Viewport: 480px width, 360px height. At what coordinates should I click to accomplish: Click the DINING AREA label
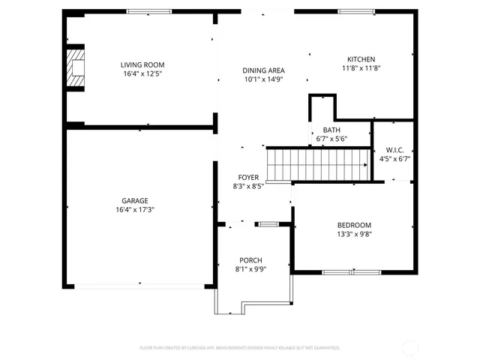(x=263, y=70)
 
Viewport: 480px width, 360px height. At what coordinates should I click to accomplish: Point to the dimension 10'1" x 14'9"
(x=263, y=79)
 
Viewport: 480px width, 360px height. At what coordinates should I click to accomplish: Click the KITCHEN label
(x=361, y=59)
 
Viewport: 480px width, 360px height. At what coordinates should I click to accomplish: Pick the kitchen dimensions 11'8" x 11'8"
(x=361, y=68)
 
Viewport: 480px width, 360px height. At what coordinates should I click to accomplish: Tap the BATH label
(x=331, y=130)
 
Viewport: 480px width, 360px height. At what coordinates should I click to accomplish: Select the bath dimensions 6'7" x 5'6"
(x=331, y=139)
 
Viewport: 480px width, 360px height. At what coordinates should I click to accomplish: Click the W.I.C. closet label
(x=394, y=149)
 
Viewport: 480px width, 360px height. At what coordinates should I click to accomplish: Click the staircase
(x=320, y=164)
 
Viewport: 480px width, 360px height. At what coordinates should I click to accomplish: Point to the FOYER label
(x=248, y=178)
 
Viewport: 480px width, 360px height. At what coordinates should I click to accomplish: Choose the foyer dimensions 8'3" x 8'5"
(x=248, y=187)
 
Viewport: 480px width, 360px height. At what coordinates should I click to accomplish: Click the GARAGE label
(x=135, y=200)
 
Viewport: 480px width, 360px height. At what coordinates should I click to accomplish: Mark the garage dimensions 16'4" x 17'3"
(x=135, y=209)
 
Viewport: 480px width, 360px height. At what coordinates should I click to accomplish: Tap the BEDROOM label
(x=354, y=224)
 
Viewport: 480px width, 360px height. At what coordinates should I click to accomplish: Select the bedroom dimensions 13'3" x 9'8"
(x=354, y=233)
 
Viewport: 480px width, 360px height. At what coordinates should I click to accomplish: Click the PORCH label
(x=250, y=260)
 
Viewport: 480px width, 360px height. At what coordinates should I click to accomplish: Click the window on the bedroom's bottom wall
(x=349, y=271)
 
